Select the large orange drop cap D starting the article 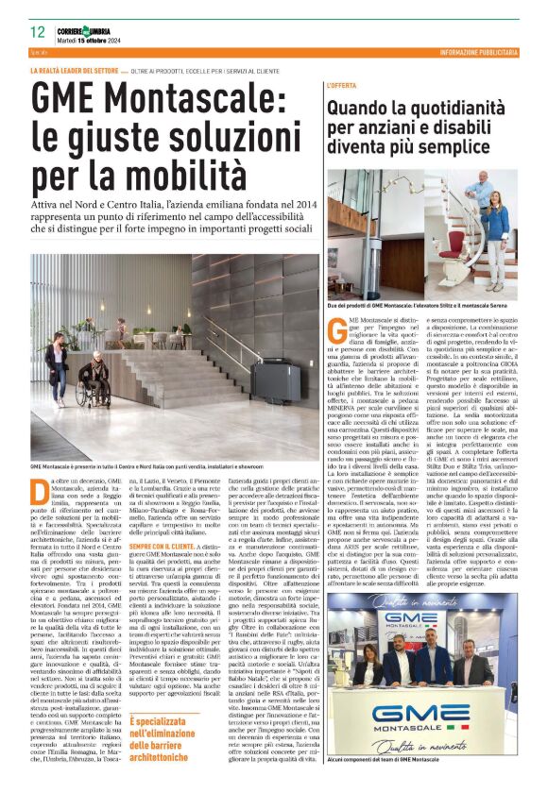(38, 490)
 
